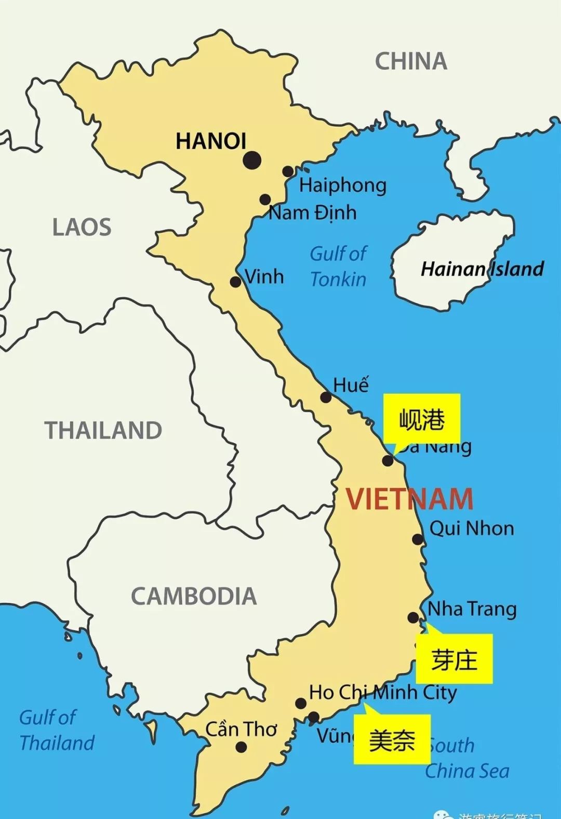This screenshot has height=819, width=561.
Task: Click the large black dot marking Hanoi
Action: coord(252,160)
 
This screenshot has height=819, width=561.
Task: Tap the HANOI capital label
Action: coord(210,141)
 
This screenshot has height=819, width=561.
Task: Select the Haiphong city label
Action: coord(343,186)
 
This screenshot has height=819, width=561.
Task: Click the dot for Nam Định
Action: coord(265,199)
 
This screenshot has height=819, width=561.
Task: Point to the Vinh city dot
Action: coord(235,282)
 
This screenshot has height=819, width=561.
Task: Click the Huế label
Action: coord(351,385)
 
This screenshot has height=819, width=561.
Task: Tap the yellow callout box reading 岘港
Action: coord(422,419)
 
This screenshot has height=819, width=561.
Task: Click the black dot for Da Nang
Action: coord(388,460)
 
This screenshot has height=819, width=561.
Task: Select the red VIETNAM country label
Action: coord(410,499)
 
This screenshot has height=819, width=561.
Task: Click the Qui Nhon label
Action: coord(472,529)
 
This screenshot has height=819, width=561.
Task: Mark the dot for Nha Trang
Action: coord(413,617)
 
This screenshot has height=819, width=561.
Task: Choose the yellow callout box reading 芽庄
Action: coord(454,659)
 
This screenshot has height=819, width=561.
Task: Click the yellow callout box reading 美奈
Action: coord(392,739)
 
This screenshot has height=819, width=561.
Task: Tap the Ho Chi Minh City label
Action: coord(383,692)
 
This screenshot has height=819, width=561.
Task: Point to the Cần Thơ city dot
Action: coord(241,747)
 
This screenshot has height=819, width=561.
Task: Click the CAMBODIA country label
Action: coord(194,596)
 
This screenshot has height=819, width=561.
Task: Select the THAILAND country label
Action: coord(103,430)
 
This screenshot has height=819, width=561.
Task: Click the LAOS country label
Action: coord(82,227)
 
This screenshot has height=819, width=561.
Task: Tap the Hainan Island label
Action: coord(482,269)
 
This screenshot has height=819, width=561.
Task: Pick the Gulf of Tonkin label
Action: coord(338,266)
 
